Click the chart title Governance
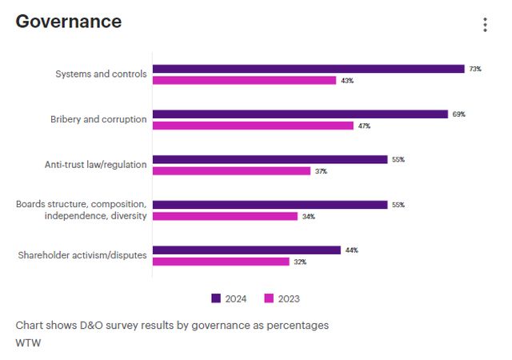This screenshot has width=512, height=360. tap(69, 22)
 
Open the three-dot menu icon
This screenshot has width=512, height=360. tap(485, 25)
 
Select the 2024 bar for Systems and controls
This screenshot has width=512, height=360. tap(308, 69)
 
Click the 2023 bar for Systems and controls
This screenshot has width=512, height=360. tap(244, 81)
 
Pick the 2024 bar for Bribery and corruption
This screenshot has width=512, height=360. tap(300, 114)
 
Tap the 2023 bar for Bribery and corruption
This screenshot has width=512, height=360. tap(253, 126)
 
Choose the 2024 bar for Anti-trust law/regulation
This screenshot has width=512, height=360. tap(270, 159)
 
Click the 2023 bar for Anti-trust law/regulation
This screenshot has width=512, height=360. tap(231, 171)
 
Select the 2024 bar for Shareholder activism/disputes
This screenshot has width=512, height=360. tap(246, 250)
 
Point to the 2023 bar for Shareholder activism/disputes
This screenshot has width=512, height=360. tap(221, 262)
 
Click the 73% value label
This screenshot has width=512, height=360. tap(475, 69)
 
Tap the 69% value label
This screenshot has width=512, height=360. tap(458, 114)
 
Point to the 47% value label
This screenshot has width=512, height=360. tap(364, 126)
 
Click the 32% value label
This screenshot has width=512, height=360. tap(300, 262)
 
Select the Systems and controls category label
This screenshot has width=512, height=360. tap(101, 74)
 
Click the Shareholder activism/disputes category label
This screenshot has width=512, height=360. tap(82, 256)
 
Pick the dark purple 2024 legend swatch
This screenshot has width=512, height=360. tap(216, 298)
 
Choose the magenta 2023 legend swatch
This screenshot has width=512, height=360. tap(269, 298)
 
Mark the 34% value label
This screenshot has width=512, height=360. tap(308, 217)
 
